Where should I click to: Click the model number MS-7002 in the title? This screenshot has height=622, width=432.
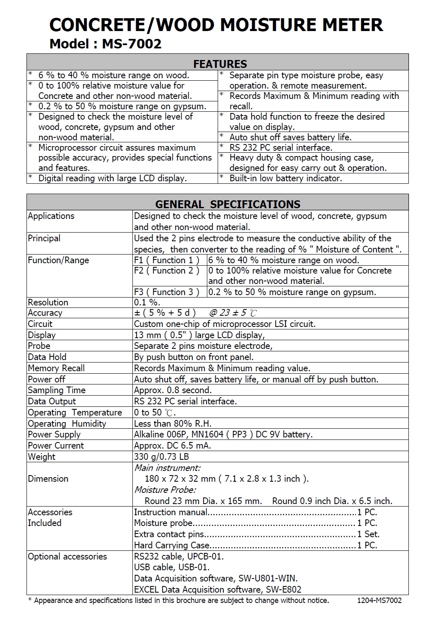click(x=132, y=44)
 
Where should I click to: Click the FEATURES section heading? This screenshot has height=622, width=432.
click(x=220, y=64)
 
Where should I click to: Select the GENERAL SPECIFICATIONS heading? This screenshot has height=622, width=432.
click(x=228, y=204)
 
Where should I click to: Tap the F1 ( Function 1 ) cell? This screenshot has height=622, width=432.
click(x=166, y=260)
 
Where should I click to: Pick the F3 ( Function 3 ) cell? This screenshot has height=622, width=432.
click(x=166, y=292)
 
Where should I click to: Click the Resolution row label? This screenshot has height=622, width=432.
click(x=48, y=303)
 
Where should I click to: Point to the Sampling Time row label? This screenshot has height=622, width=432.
click(x=57, y=390)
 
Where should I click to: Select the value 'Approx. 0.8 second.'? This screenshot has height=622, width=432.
click(x=173, y=390)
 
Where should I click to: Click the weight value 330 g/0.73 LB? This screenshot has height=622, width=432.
click(x=161, y=457)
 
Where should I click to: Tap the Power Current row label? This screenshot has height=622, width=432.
click(x=56, y=446)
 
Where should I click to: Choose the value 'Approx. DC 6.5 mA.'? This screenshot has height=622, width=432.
click(x=173, y=446)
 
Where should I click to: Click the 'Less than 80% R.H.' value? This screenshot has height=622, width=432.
click(x=173, y=424)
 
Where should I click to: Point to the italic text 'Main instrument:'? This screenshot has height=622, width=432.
click(x=167, y=468)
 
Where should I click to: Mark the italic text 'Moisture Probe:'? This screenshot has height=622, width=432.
click(x=165, y=490)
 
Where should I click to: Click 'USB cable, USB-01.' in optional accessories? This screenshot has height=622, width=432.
click(x=172, y=567)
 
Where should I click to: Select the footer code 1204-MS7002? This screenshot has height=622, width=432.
click(x=379, y=600)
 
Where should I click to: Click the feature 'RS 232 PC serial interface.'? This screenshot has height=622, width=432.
click(x=281, y=148)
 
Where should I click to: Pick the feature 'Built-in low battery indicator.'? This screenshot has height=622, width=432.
click(x=286, y=178)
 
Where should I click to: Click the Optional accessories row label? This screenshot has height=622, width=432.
click(x=67, y=557)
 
